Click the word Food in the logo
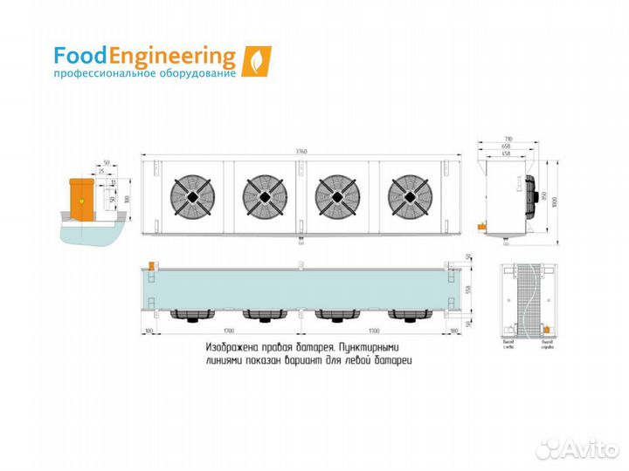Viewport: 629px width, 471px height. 80,57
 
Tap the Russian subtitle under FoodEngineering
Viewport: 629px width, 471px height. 144,75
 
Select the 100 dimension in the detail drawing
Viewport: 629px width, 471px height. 127,200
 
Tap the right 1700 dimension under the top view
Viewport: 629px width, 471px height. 373,332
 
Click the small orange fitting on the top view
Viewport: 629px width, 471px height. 151,263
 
